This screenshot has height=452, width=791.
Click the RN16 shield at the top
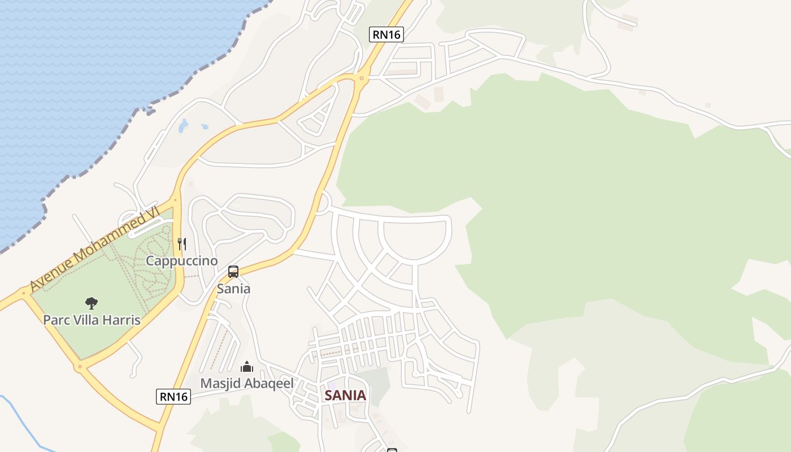coord(386,34)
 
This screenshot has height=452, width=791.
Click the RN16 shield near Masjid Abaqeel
coord(173,397)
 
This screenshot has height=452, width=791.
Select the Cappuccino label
coord(181,260)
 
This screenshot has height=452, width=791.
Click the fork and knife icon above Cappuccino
coord(181,244)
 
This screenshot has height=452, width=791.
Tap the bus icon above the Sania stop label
coord(233,272)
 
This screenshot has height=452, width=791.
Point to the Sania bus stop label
coord(233,289)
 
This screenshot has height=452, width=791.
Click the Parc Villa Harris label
coord(92,320)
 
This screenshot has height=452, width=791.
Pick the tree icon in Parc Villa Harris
coord(92,303)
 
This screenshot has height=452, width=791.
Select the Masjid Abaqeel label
coord(247,383)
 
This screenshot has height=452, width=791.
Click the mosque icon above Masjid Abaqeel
coord(247,367)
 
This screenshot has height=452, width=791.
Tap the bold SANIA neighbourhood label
coord(345,395)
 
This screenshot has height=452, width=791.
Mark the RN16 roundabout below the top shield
coord(361,79)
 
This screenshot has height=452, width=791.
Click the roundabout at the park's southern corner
coord(80,367)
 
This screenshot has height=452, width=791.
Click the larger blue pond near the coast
coord(183,126)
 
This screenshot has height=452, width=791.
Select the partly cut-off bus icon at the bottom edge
coord(392,450)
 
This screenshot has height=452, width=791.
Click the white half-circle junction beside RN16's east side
coord(323,202)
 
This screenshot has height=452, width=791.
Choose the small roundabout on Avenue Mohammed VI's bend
coord(175,198)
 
